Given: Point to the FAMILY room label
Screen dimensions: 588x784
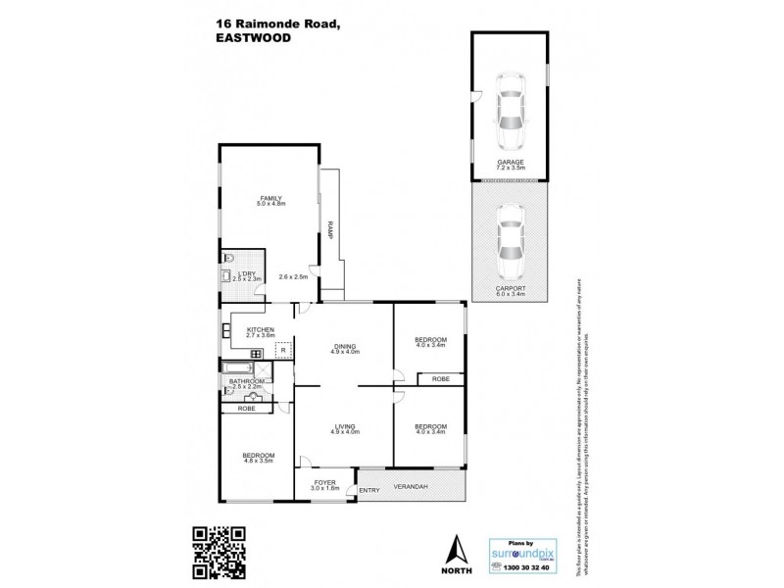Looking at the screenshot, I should (x=269, y=198).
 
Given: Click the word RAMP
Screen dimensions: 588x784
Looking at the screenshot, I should (x=332, y=230).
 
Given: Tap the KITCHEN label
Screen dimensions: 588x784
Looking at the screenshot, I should (x=260, y=329).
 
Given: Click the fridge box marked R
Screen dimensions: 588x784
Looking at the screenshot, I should (x=283, y=349).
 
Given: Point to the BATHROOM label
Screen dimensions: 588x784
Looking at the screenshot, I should (x=247, y=381).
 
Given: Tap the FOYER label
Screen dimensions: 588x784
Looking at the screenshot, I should (x=324, y=482).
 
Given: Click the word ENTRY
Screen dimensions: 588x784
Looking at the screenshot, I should (x=368, y=490).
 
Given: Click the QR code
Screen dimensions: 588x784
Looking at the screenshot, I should (x=218, y=550).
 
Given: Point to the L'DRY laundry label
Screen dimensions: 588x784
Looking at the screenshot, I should (x=247, y=274).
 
